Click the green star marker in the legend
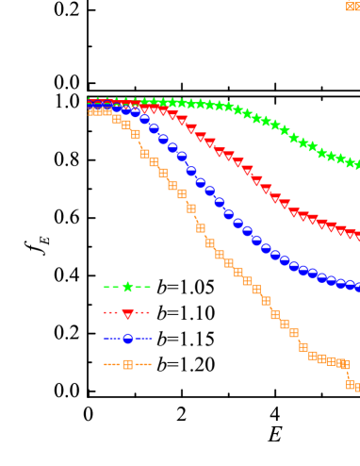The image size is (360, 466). tap(127, 287)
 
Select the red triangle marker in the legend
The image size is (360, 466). tap(127, 313)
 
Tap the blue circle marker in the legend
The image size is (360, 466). tap(127, 339)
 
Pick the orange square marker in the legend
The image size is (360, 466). tap(127, 364)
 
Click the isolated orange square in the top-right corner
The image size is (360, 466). tap(352, 6)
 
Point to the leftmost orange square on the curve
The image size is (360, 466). tap(93, 110)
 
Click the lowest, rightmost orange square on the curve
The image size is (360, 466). tap(357, 387)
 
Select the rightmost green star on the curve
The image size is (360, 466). tap(357, 165)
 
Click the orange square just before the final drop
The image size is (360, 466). tap(344, 364)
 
